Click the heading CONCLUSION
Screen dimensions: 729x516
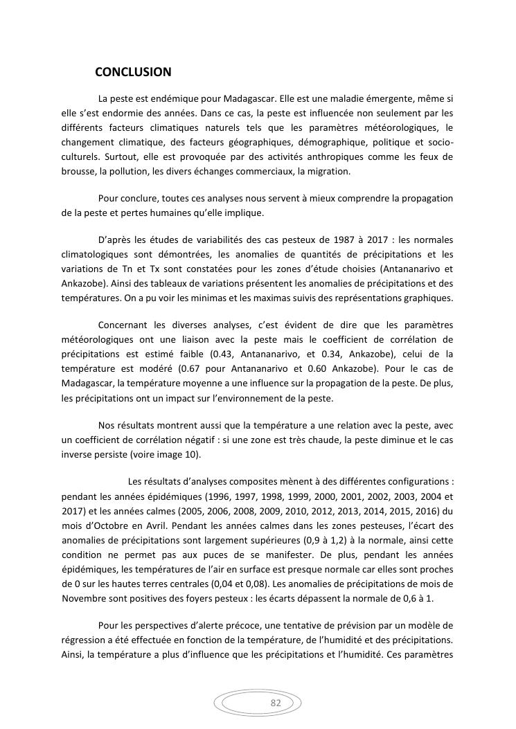tap(133, 72)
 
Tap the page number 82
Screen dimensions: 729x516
tap(275, 703)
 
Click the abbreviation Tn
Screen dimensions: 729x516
tap(124, 269)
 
